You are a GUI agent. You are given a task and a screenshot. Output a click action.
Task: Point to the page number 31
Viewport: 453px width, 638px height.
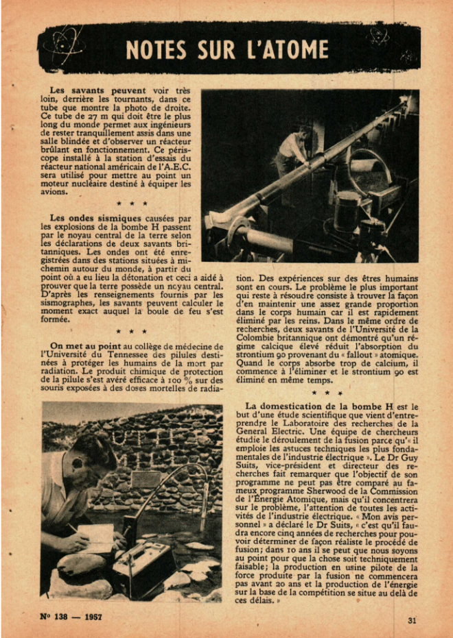(x=412, y=620)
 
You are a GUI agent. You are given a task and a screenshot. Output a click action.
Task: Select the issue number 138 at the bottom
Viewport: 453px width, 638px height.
(x=58, y=617)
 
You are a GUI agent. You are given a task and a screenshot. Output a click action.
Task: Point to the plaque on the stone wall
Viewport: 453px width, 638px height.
(x=146, y=479)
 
